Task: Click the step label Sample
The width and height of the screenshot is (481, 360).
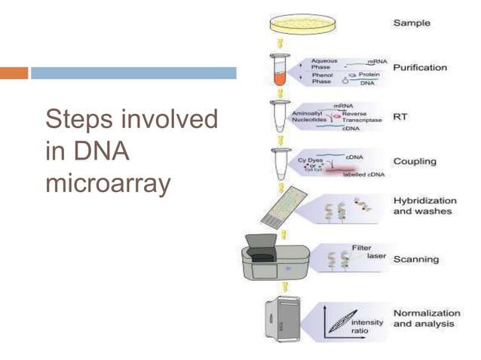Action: pyautogui.click(x=411, y=23)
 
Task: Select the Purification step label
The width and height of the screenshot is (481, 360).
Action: pyautogui.click(x=420, y=68)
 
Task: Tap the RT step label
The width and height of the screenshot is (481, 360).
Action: pyautogui.click(x=401, y=117)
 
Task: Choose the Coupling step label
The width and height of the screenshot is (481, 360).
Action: pyautogui.click(x=415, y=161)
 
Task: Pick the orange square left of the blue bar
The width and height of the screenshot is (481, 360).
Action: pyautogui.click(x=14, y=73)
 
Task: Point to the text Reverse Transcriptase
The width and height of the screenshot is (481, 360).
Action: pyautogui.click(x=362, y=117)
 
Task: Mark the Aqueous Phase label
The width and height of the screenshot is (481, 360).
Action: pyautogui.click(x=325, y=63)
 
